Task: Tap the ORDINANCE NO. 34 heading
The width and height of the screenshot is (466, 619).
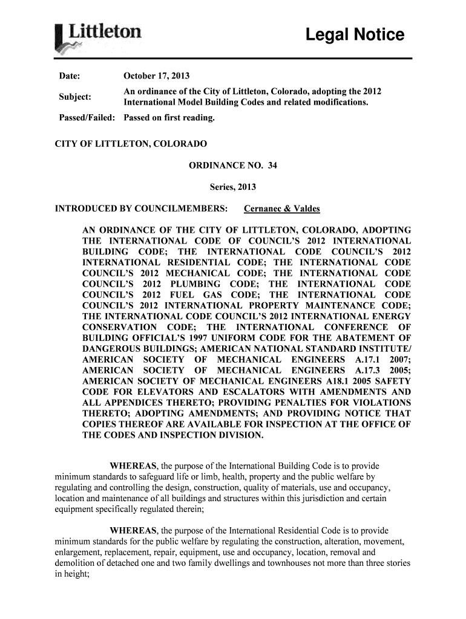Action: pos(233,165)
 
